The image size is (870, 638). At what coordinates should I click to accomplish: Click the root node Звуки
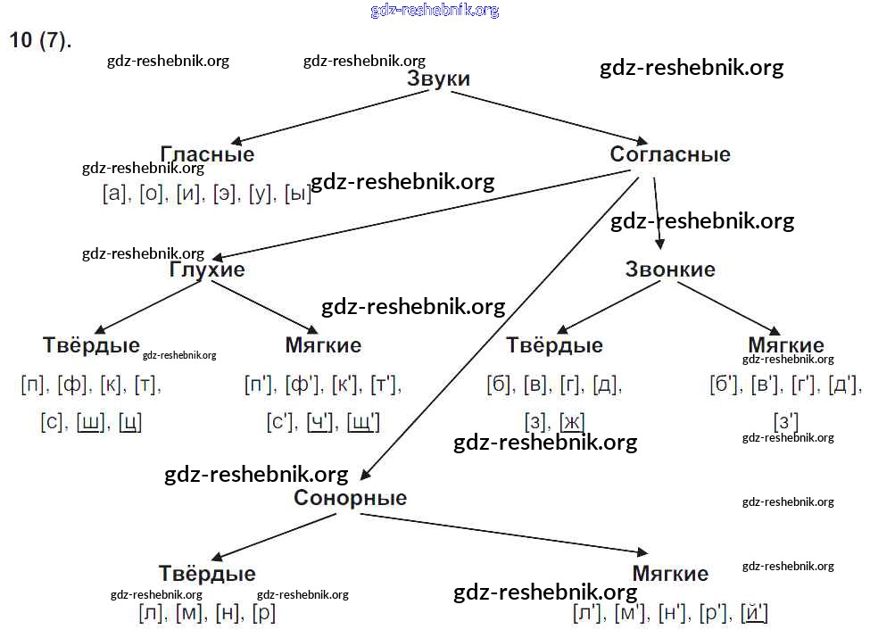pos(438,79)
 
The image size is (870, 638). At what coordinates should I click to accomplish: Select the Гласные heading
pos(207,154)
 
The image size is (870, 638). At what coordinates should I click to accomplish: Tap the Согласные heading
pos(670,154)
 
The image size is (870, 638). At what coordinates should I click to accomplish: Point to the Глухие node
pos(207,269)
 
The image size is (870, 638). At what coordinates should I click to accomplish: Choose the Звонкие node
pos(670,269)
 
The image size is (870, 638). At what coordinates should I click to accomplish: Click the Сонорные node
pos(350,498)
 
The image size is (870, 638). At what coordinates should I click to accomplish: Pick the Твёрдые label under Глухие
pos(91,345)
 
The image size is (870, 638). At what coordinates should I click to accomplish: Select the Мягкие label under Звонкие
pos(785,345)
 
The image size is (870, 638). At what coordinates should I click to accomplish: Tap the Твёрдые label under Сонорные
pos(207,573)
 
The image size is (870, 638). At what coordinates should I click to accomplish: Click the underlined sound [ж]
pos(572,421)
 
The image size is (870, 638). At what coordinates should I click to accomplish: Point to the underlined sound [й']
pos(755,614)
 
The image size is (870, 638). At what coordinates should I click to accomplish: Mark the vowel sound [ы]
pos(298,194)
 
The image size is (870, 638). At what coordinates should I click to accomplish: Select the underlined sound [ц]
pos(130,421)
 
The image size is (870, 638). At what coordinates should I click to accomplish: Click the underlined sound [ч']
pos(319,421)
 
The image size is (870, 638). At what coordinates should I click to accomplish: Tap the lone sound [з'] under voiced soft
pos(785,421)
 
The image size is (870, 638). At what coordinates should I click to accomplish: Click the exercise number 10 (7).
pos(40,41)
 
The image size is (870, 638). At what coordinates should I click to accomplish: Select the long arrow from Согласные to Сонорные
pos(500,330)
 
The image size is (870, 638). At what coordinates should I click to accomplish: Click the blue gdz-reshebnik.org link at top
pos(435,11)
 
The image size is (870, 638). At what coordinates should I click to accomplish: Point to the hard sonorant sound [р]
pos(264,614)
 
